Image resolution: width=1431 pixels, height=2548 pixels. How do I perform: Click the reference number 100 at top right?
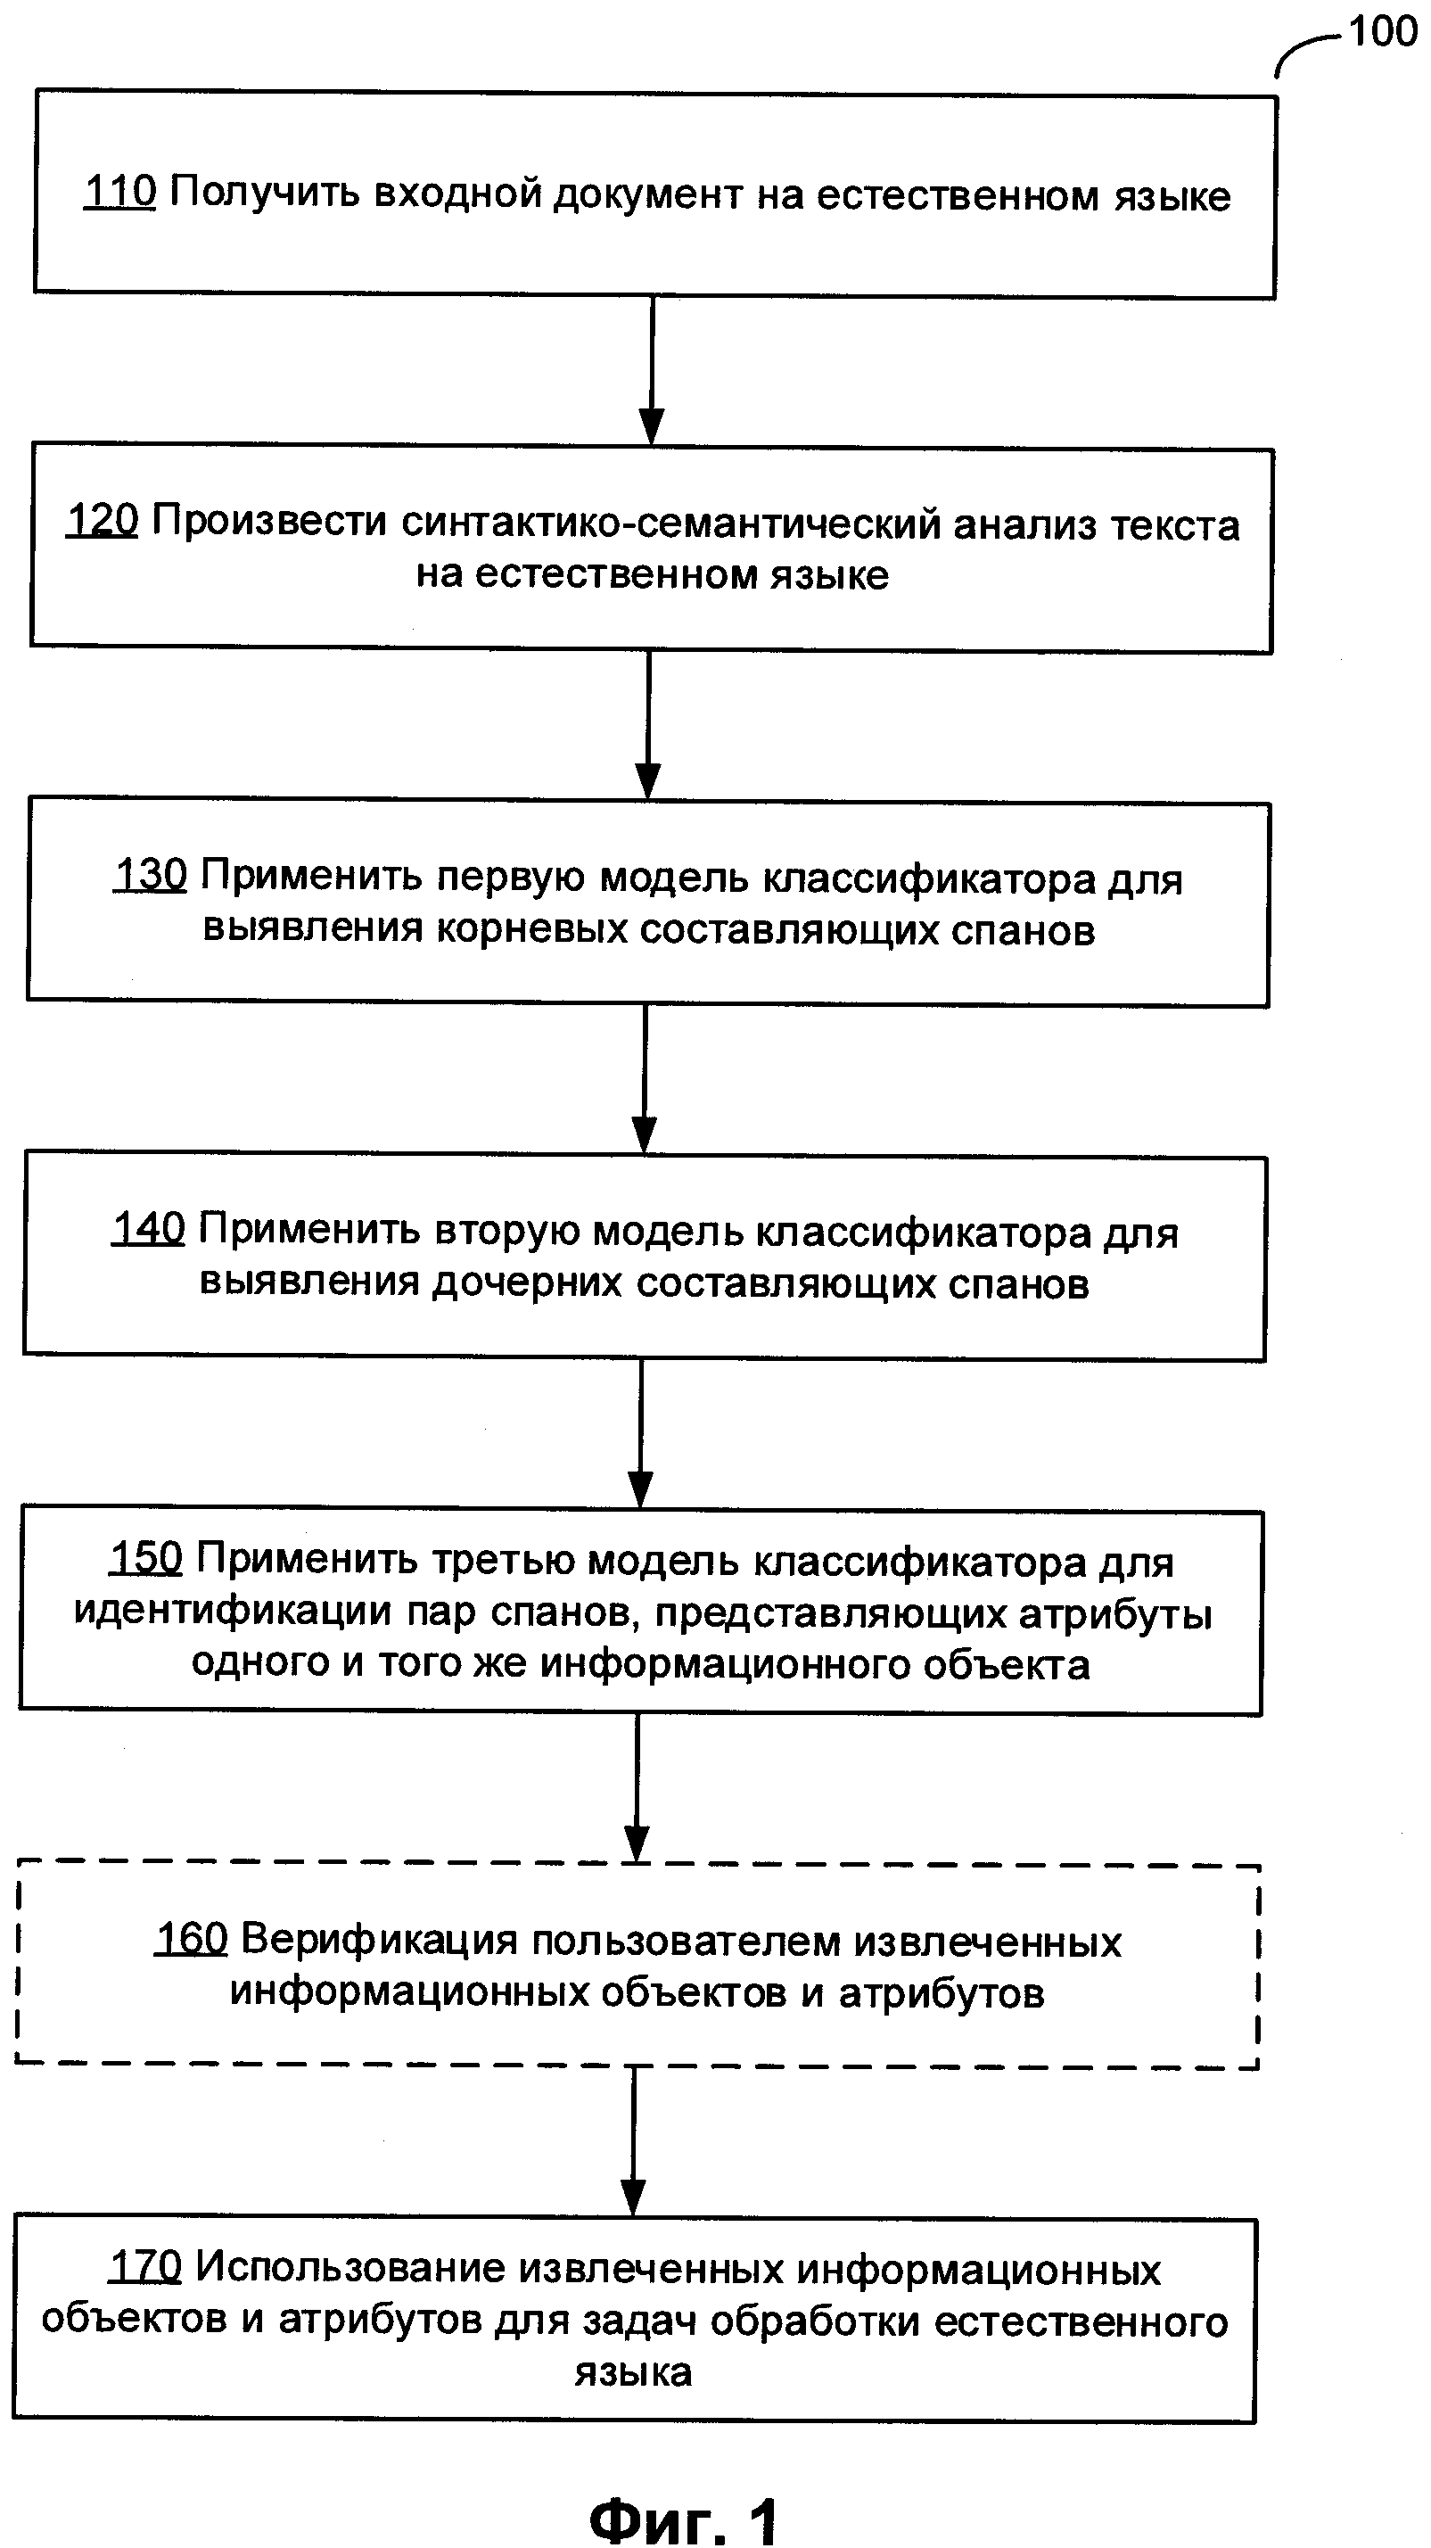click(1383, 33)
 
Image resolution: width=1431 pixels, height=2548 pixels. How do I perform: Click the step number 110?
click(119, 192)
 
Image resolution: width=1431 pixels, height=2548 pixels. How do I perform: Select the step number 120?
click(103, 520)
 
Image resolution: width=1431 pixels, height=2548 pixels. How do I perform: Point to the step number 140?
click(148, 1228)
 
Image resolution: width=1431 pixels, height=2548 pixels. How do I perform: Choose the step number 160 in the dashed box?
click(192, 1939)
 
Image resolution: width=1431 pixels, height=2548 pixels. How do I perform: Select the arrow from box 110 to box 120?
click(652, 371)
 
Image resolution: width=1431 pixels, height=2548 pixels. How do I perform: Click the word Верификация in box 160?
click(379, 1941)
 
